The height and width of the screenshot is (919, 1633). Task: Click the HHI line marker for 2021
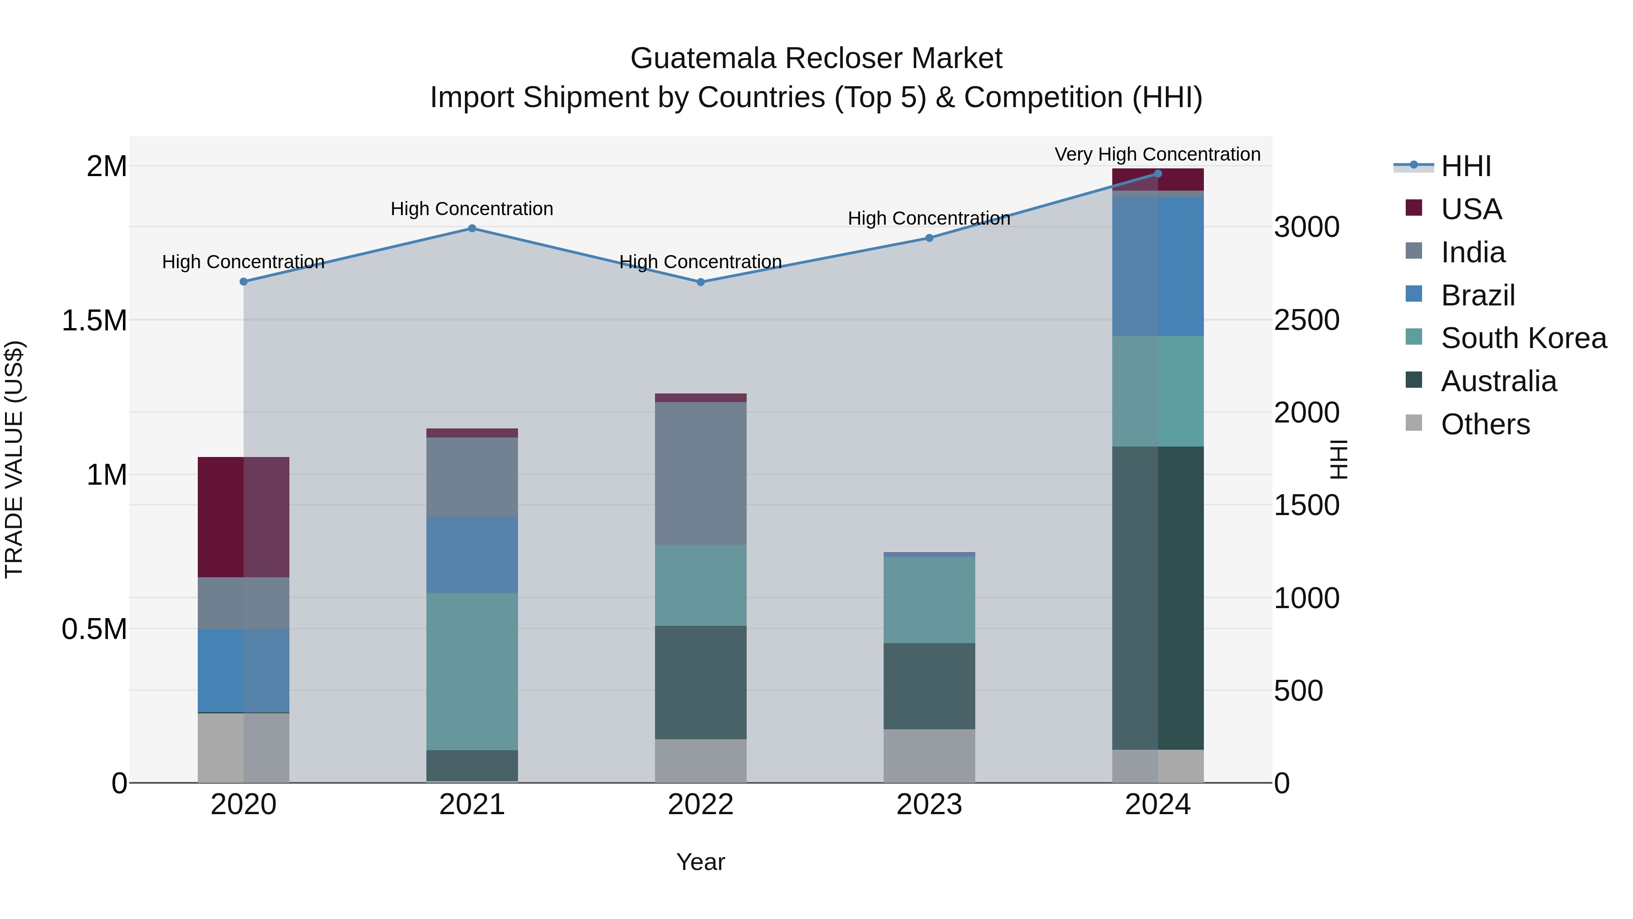click(472, 228)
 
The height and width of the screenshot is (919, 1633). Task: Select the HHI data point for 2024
click(1158, 173)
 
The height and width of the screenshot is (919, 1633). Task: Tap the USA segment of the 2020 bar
click(244, 516)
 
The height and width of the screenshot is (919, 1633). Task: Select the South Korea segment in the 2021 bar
click(472, 671)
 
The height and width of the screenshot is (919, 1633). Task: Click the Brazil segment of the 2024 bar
click(1158, 266)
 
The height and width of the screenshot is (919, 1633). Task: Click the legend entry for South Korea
click(1523, 338)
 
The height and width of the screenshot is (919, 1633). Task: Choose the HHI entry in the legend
click(1465, 166)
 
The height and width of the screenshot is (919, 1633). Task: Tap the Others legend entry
click(1485, 424)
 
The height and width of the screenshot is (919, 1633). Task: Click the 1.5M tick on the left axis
click(94, 320)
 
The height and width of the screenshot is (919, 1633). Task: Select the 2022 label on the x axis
click(700, 805)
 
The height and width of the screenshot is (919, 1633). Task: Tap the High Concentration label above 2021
click(472, 209)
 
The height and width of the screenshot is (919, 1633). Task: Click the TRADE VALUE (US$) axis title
click(14, 459)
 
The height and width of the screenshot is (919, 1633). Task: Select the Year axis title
click(700, 862)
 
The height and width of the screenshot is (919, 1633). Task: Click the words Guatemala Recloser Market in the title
click(816, 59)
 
